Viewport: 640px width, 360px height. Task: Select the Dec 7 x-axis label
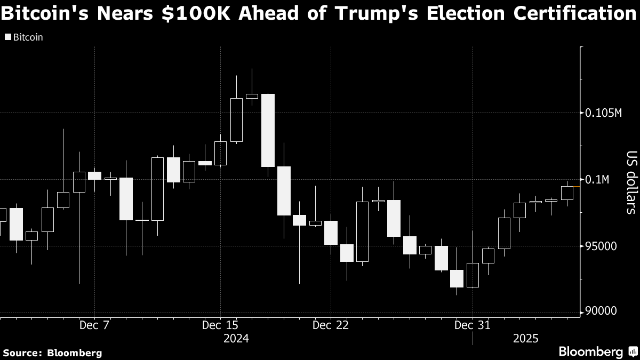point(94,325)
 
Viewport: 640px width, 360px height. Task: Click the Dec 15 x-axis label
point(220,325)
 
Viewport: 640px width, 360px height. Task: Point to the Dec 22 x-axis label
point(331,325)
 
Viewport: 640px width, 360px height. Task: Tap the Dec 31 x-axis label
point(473,325)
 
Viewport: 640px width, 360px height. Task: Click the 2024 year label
point(236,339)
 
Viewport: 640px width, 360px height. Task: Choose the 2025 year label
point(525,339)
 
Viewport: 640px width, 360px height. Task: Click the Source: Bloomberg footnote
point(52,353)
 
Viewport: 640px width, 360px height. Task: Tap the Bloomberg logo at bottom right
point(591,352)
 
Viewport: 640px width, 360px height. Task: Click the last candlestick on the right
point(567,193)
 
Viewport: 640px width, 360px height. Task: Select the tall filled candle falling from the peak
point(268,130)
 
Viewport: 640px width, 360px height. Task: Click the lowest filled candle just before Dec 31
point(457,278)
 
